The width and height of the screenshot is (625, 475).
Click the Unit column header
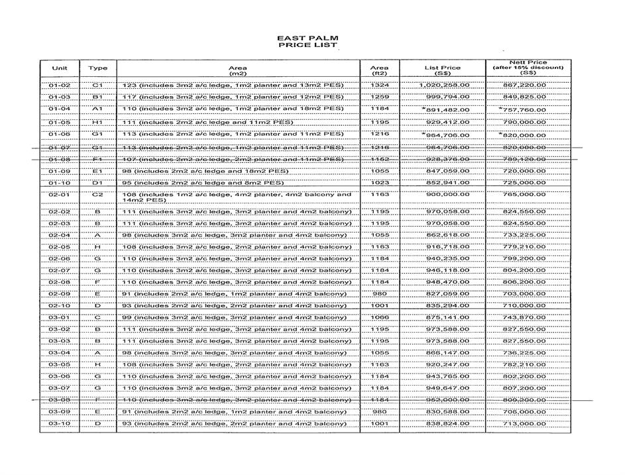(x=59, y=68)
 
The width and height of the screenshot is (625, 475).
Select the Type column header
(x=97, y=68)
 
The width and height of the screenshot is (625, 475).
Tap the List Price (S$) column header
(x=442, y=71)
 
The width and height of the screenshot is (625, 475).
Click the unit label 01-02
(x=59, y=85)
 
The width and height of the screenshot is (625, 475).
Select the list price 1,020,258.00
(x=444, y=85)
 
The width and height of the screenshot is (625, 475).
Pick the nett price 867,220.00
(x=524, y=85)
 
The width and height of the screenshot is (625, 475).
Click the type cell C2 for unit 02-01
(x=97, y=195)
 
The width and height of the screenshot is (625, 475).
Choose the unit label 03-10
(x=59, y=423)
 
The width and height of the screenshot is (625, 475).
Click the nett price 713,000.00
(x=524, y=423)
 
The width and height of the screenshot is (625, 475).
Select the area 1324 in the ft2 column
(x=380, y=85)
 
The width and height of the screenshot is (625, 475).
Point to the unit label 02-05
(x=59, y=246)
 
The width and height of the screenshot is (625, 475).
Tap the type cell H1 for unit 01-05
(x=97, y=123)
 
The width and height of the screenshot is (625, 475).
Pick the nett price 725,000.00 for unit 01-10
(x=524, y=182)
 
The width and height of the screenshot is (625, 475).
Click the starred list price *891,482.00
(x=445, y=109)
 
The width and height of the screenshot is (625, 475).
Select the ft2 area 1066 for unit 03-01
(x=380, y=317)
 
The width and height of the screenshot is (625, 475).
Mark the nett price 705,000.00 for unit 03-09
(x=524, y=411)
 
